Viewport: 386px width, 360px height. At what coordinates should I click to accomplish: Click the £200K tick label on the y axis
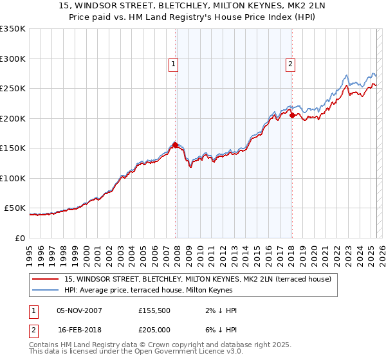13,118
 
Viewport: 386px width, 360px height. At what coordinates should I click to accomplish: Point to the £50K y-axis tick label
15,208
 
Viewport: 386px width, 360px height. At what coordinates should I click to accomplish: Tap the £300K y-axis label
13,59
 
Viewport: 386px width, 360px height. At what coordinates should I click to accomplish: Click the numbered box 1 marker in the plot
174,64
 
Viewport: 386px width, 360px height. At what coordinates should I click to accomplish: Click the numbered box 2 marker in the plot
291,64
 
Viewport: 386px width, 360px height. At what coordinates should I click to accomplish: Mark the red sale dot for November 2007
176,145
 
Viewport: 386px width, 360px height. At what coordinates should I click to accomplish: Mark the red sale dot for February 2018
292,116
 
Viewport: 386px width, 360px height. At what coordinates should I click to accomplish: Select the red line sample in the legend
46,279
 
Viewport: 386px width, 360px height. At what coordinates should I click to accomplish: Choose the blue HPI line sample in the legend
46,290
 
